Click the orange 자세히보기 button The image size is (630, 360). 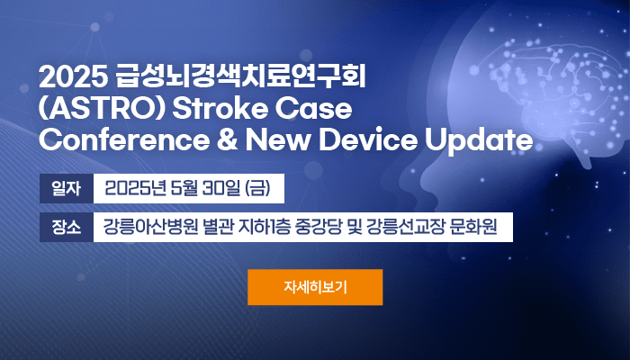315,287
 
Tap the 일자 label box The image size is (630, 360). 67,188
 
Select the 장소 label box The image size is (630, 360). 67,227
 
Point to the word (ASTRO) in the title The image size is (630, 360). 103,109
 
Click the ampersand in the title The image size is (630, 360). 228,139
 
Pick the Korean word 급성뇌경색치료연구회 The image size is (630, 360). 240,77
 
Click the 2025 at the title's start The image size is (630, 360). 74,77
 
